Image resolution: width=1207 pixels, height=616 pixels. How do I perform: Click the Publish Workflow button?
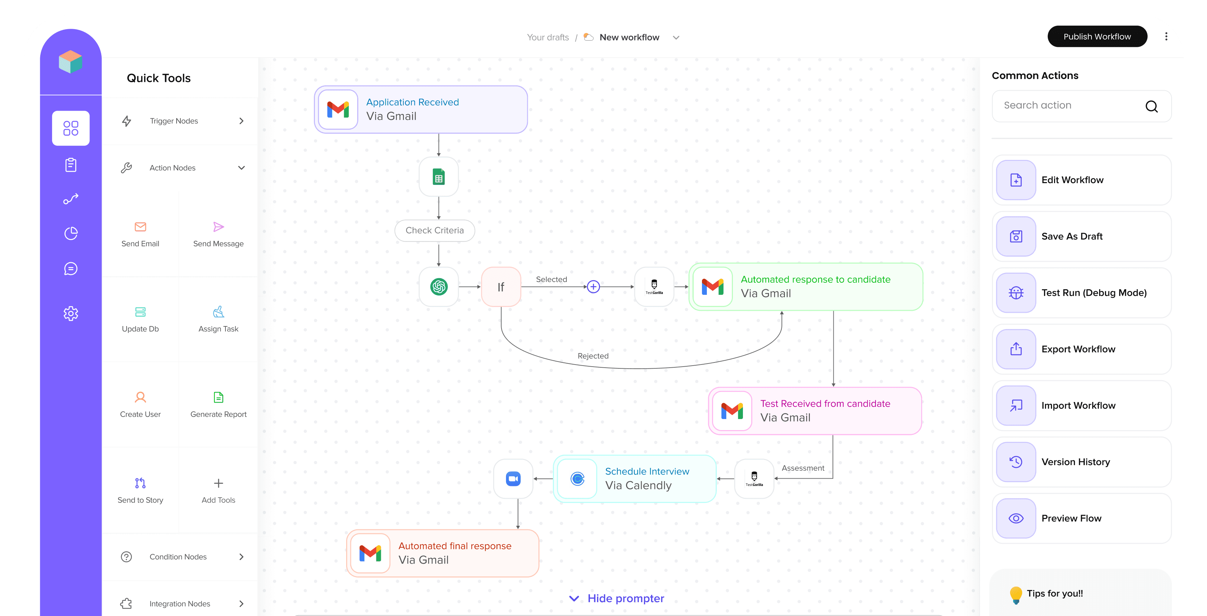1097,36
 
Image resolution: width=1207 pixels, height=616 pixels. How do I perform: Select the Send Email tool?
140,234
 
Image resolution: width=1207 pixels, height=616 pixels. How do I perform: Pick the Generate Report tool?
219,404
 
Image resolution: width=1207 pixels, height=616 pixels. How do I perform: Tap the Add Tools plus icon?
219,483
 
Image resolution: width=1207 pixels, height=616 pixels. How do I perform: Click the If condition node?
501,287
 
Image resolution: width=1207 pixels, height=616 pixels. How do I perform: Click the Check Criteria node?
434,230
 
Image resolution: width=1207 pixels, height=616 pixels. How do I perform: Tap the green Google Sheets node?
438,177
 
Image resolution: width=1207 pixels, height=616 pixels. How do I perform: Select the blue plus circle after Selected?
593,287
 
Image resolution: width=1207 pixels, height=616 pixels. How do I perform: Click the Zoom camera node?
513,479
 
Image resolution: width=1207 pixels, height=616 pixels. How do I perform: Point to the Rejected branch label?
593,356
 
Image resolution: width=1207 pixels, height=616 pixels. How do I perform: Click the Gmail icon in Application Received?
338,110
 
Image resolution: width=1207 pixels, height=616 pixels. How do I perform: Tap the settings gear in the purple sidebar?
71,314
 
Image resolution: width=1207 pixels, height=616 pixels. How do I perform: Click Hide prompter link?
625,598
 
